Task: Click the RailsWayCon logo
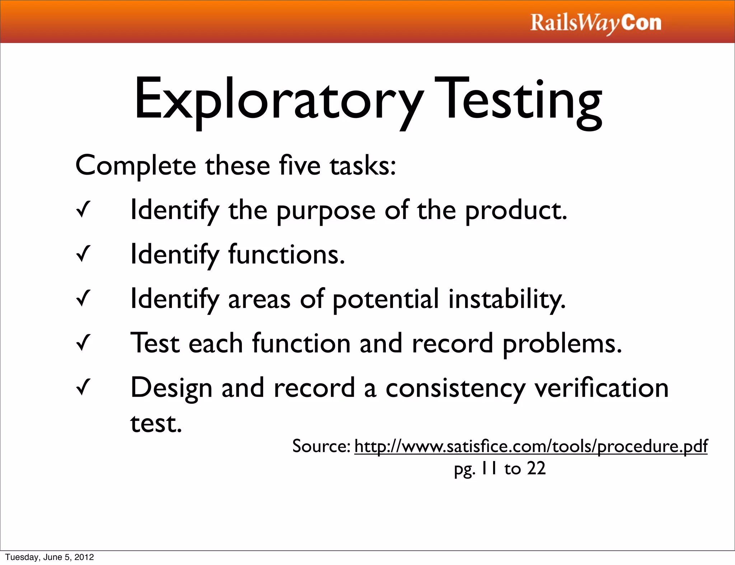coord(595,23)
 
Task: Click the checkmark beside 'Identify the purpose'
coord(83,210)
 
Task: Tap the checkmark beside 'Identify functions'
coord(83,254)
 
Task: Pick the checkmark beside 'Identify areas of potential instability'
coord(83,299)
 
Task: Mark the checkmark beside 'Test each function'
coord(83,343)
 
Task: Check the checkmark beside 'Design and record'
coord(83,388)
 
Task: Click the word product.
coord(516,211)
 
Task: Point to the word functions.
coord(286,254)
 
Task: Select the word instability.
coord(507,299)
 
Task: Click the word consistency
coord(455,389)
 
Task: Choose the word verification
coord(601,388)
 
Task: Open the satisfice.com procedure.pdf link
coord(531,446)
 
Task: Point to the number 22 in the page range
coord(536,469)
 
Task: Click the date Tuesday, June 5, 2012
coord(50,557)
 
